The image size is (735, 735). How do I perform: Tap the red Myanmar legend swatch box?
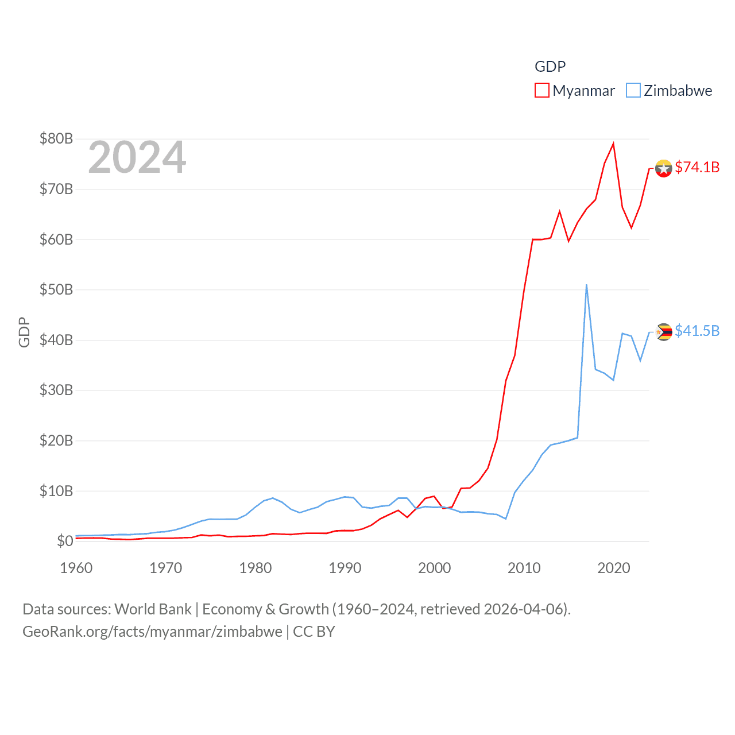pyautogui.click(x=542, y=91)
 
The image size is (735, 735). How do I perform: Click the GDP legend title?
pyautogui.click(x=550, y=67)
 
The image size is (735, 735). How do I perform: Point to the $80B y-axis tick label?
pyautogui.click(x=56, y=138)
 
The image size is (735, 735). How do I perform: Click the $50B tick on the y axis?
pyautogui.click(x=56, y=289)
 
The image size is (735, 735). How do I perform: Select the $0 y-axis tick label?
pyautogui.click(x=64, y=541)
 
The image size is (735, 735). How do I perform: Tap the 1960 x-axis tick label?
pyautogui.click(x=76, y=568)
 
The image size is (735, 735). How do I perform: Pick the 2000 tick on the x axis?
pyautogui.click(x=434, y=568)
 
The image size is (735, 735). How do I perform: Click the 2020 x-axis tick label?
pyautogui.click(x=613, y=568)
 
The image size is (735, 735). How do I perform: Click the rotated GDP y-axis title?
pyautogui.click(x=24, y=332)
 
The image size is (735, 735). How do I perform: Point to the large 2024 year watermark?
pyautogui.click(x=137, y=157)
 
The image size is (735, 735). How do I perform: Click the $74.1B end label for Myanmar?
pyautogui.click(x=697, y=167)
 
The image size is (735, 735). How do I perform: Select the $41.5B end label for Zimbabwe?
pyautogui.click(x=697, y=331)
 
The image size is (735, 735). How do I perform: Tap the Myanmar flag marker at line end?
pyautogui.click(x=664, y=169)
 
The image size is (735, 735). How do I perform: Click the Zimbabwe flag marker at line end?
pyautogui.click(x=664, y=332)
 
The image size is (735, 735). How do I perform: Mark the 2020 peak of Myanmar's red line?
pyautogui.click(x=613, y=144)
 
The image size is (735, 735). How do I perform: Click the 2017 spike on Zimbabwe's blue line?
pyautogui.click(x=586, y=285)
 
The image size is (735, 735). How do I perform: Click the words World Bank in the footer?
pyautogui.click(x=153, y=609)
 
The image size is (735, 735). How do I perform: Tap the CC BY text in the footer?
pyautogui.click(x=314, y=632)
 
